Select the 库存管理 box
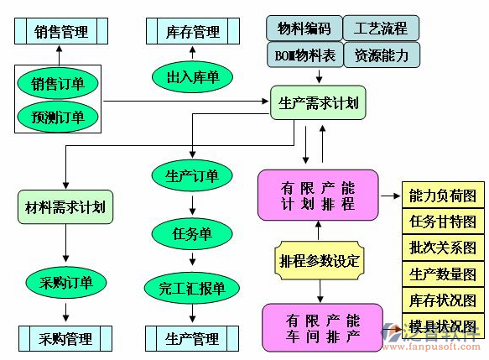point(193,32)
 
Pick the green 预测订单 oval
point(58,116)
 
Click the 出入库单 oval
point(193,77)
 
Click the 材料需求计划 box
point(65,206)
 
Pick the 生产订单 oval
point(193,175)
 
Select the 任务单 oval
point(193,232)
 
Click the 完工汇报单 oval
point(193,289)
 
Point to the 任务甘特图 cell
point(443,222)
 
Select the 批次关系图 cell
point(443,248)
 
